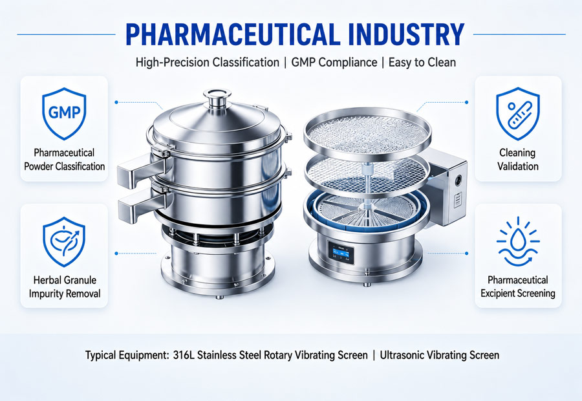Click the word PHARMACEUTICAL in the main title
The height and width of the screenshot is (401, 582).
233,34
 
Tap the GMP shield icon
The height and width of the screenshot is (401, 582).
64,113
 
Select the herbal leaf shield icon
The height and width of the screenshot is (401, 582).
64,242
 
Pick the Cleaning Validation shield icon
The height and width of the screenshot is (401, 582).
518,113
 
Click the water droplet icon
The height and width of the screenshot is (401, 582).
518,242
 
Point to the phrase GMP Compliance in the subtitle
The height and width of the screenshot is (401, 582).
334,62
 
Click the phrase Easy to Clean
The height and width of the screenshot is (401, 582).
422,62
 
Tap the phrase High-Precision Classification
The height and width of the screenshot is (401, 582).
207,62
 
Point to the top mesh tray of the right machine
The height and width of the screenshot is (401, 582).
367,129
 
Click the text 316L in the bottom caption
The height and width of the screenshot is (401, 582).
184,355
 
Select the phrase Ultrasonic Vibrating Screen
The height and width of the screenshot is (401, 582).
440,355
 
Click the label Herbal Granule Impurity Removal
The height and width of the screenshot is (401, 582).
65,287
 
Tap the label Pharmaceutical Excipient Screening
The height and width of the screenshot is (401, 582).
518,287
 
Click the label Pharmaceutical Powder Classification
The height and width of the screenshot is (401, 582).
64,159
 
